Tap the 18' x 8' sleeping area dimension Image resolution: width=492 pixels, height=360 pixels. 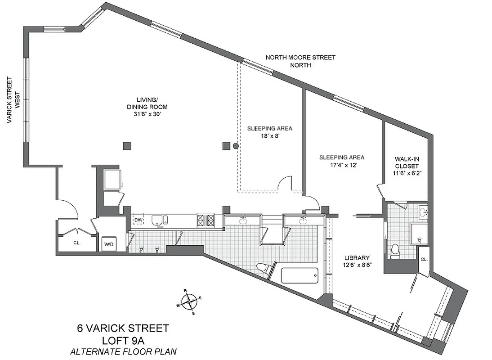(x=269, y=136)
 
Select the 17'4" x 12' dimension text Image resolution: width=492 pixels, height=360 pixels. (x=342, y=165)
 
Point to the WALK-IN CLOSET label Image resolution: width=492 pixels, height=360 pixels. (x=407, y=162)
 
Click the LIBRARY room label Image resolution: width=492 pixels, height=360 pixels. (x=357, y=258)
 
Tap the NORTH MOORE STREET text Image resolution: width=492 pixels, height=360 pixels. (x=300, y=58)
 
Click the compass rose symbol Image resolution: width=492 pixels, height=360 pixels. (x=190, y=300)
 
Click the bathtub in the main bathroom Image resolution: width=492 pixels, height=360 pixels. (x=300, y=275)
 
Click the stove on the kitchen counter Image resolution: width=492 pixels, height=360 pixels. (x=206, y=220)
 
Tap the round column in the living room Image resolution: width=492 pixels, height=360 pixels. (x=236, y=145)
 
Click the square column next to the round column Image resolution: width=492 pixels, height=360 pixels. (x=226, y=145)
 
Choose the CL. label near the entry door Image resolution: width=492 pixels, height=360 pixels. (x=76, y=243)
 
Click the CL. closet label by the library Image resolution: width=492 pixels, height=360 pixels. (x=424, y=260)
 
